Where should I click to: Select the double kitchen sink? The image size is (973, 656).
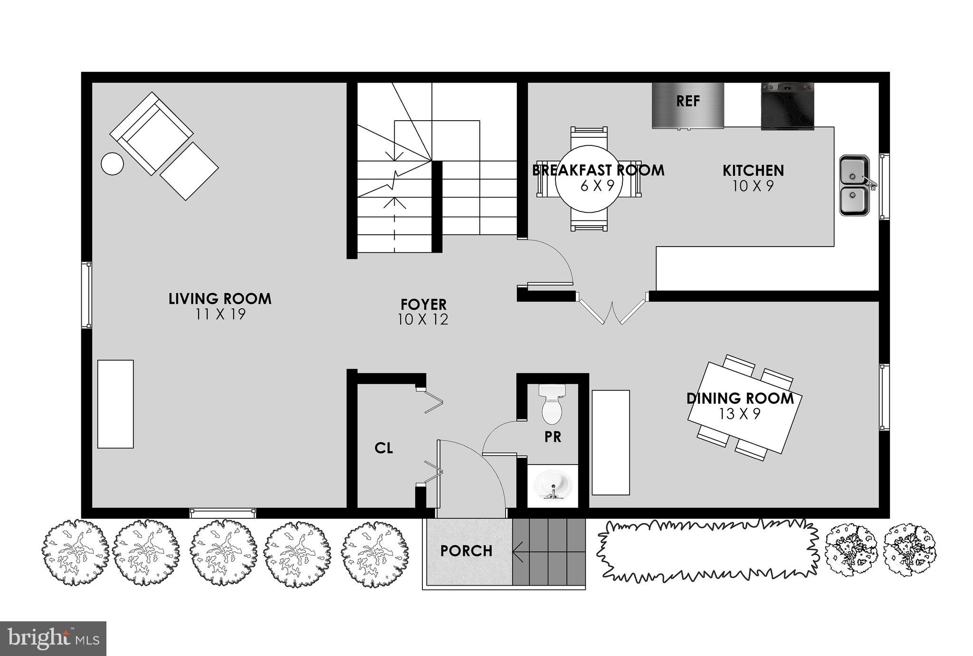(854, 185)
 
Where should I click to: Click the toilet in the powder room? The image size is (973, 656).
(552, 405)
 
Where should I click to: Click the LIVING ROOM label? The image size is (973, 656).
(220, 299)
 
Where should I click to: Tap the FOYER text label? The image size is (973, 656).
(423, 304)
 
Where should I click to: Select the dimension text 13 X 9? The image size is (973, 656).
(739, 414)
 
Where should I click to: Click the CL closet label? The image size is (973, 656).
(383, 448)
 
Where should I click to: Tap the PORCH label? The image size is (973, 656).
(466, 551)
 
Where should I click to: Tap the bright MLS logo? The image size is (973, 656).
(53, 638)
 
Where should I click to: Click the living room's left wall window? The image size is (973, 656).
(86, 295)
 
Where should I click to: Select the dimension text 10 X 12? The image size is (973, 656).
(423, 320)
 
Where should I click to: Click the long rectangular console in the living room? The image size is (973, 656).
(115, 404)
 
